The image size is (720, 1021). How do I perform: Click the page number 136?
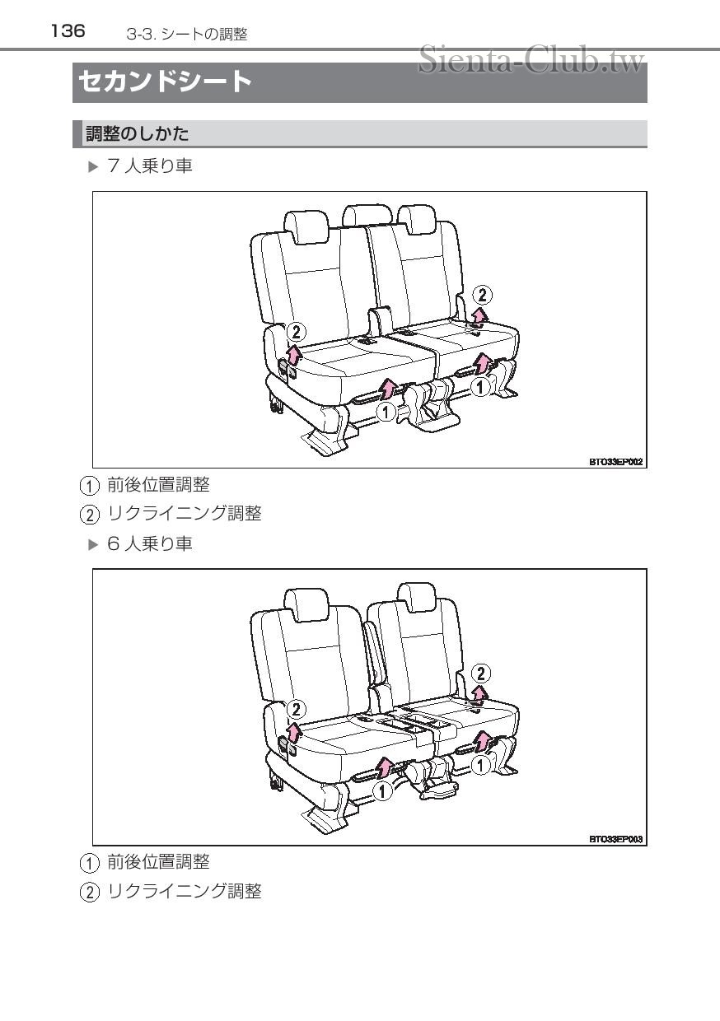[68, 31]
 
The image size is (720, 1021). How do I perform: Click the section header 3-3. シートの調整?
[187, 34]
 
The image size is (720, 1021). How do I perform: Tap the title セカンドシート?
[165, 82]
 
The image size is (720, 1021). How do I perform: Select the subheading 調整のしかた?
[138, 133]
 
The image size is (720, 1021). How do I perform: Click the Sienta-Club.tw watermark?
[531, 59]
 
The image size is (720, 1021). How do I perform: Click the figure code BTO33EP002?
[615, 462]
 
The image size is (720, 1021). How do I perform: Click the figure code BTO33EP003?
[615, 839]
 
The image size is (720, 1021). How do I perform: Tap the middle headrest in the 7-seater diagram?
[367, 215]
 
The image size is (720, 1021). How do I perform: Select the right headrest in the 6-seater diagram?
[417, 594]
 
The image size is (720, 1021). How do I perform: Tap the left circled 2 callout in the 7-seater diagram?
[296, 332]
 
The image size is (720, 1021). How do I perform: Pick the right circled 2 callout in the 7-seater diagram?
[483, 295]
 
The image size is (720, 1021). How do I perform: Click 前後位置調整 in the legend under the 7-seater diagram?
[158, 484]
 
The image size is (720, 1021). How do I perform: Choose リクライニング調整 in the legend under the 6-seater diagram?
[185, 891]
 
